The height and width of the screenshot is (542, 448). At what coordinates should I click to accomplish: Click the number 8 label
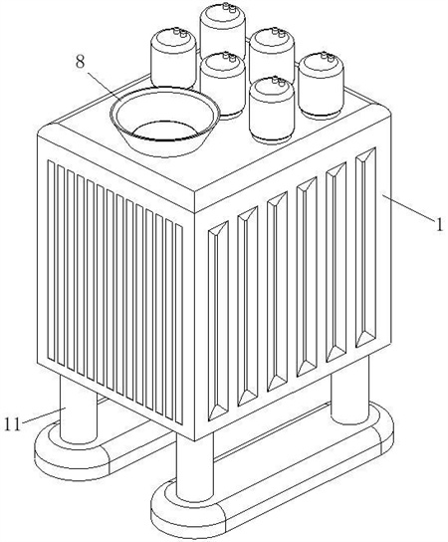pyautogui.click(x=80, y=62)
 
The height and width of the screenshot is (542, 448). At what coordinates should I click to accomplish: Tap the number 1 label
pyautogui.click(x=439, y=225)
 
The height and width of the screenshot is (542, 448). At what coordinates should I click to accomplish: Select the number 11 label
pyautogui.click(x=13, y=424)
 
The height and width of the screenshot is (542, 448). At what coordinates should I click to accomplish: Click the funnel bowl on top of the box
pyautogui.click(x=165, y=120)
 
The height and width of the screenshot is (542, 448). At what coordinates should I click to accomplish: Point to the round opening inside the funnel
pyautogui.click(x=165, y=131)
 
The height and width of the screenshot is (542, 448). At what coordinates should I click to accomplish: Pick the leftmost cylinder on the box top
pyautogui.click(x=173, y=59)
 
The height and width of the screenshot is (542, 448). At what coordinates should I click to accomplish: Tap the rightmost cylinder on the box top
pyautogui.click(x=322, y=85)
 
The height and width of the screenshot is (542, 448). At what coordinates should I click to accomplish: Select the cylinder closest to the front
pyautogui.click(x=272, y=109)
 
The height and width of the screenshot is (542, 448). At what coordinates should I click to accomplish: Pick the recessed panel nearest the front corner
pyautogui.click(x=218, y=321)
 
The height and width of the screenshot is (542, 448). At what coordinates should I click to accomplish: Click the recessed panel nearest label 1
pyautogui.click(x=365, y=247)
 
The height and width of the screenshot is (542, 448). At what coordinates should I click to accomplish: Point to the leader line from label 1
pyautogui.click(x=407, y=207)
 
